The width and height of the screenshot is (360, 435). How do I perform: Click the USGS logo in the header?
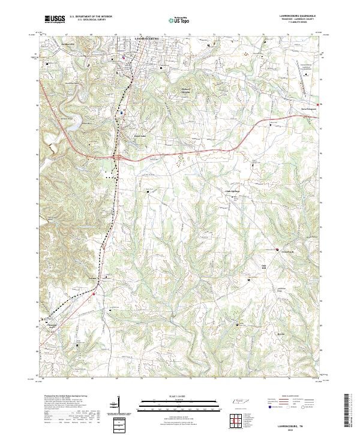tap(55, 19)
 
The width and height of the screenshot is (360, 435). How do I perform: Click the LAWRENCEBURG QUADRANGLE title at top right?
tap(298, 16)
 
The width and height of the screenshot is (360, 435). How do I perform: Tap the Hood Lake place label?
tap(139, 136)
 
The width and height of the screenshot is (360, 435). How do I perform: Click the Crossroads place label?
tap(289, 251)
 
